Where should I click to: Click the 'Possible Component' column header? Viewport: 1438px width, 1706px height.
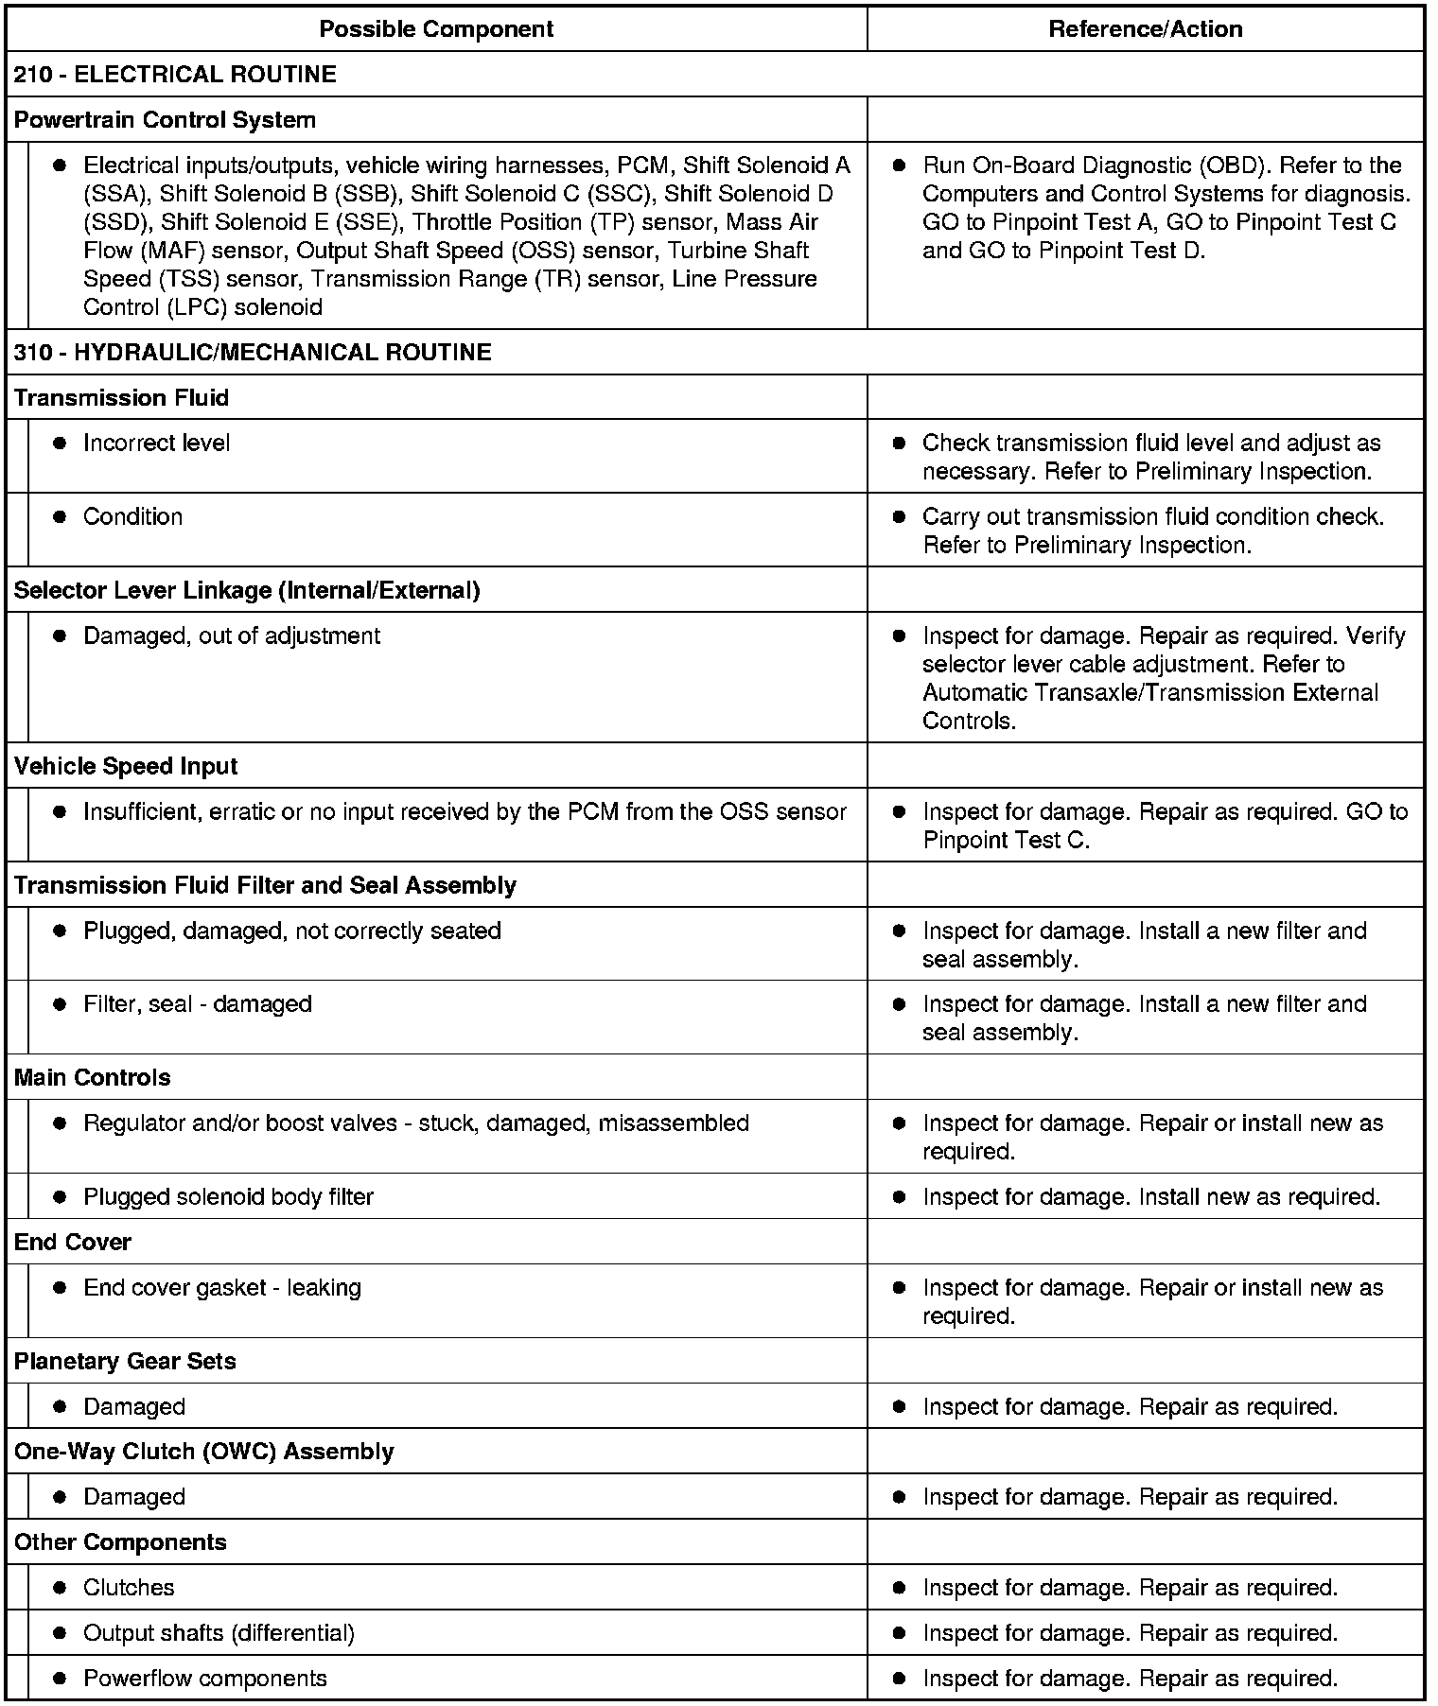click(x=436, y=29)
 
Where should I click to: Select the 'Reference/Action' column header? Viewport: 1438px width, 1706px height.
click(x=1145, y=29)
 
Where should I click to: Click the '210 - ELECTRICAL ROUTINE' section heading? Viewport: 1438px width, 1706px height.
click(x=175, y=75)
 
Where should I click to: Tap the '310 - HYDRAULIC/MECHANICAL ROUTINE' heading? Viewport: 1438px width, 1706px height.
click(x=253, y=353)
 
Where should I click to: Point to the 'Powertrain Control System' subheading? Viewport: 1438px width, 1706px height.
click(x=165, y=120)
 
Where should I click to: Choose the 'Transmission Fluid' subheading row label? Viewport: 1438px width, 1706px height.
click(x=121, y=398)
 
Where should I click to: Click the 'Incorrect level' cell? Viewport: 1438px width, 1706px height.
click(x=156, y=444)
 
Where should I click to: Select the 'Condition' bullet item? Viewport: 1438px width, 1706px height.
click(x=132, y=517)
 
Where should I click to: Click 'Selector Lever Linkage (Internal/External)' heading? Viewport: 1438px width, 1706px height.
click(x=247, y=591)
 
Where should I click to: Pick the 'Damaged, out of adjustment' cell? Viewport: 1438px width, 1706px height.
click(x=232, y=636)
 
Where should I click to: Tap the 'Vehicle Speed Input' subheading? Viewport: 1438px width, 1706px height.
click(x=126, y=767)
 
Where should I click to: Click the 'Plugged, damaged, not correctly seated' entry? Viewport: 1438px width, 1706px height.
click(x=291, y=931)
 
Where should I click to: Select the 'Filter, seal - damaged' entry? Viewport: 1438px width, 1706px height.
click(x=197, y=1004)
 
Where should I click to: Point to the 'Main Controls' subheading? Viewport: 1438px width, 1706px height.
click(x=93, y=1078)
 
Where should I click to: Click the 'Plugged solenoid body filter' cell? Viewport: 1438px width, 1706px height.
click(x=228, y=1197)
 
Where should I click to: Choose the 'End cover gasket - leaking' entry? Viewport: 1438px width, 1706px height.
click(x=222, y=1288)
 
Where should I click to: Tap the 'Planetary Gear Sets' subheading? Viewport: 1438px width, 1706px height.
click(x=125, y=1362)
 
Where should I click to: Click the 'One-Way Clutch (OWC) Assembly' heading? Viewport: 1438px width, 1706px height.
click(x=203, y=1452)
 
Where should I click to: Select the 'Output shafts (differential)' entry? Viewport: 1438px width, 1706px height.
click(x=219, y=1633)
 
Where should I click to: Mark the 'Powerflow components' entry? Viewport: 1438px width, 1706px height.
click(x=204, y=1679)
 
